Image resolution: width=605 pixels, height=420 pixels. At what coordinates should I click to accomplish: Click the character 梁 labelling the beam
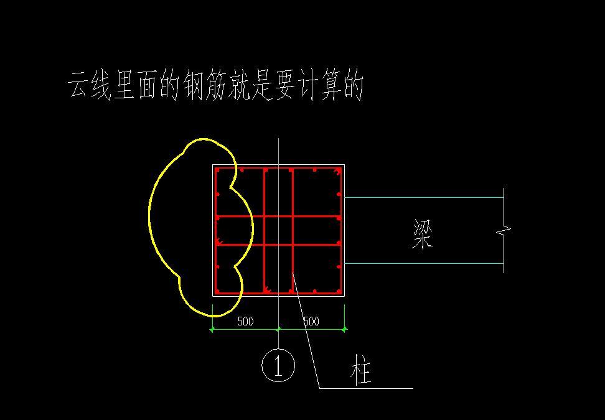point(423,234)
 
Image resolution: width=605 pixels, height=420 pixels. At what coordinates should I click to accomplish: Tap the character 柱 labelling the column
point(361,370)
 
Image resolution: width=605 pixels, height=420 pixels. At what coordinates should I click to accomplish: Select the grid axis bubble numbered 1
point(278,365)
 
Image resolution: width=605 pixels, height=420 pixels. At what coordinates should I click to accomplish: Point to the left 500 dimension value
point(245,322)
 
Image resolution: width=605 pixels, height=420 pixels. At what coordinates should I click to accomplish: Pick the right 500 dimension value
point(311,322)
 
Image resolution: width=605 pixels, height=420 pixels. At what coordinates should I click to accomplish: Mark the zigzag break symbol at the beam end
point(503,231)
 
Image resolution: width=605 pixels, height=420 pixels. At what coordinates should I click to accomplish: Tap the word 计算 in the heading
point(317,86)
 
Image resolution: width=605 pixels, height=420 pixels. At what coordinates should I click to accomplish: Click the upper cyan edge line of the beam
point(423,197)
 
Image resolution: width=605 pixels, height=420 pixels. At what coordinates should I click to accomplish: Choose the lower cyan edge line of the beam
point(423,263)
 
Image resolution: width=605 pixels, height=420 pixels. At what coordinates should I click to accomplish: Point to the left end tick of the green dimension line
point(212,329)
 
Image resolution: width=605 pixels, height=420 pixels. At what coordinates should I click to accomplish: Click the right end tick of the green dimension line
point(344,329)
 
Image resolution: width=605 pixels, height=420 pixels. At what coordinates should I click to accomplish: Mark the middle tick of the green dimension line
point(278,329)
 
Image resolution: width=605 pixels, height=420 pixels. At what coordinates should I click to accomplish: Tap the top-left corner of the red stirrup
point(216,169)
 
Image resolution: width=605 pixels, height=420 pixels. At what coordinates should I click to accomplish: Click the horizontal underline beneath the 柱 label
point(367,388)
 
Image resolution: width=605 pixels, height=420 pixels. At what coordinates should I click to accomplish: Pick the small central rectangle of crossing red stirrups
point(278,230)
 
